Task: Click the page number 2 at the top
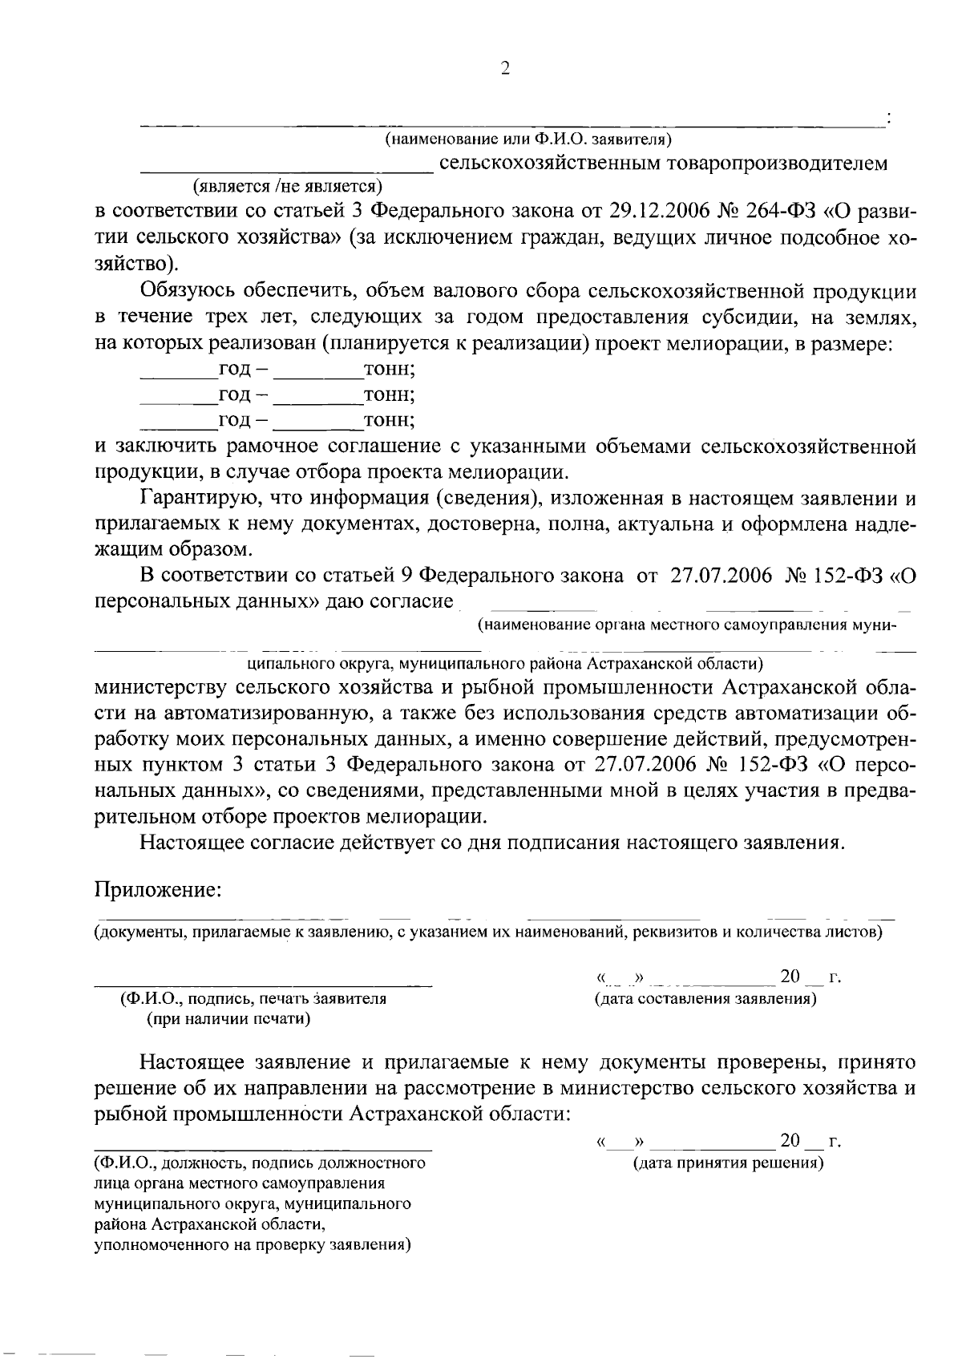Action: (504, 69)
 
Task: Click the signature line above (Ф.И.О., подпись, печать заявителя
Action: (264, 982)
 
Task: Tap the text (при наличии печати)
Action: (228, 1019)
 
